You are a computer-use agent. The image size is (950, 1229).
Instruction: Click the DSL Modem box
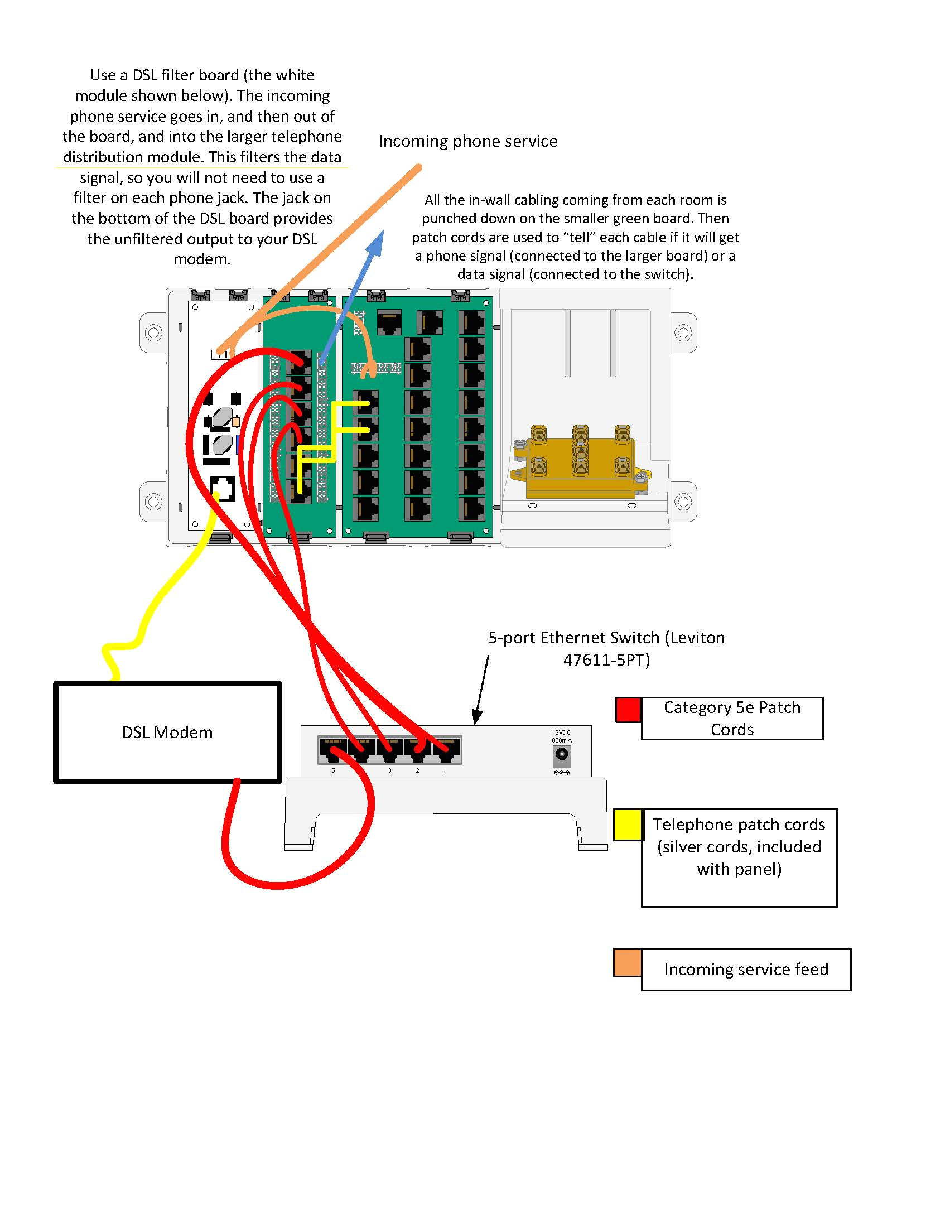pyautogui.click(x=167, y=732)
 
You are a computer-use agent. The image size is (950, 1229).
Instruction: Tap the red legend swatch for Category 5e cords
pyautogui.click(x=628, y=709)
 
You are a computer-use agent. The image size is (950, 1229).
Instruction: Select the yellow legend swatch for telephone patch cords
pyautogui.click(x=628, y=825)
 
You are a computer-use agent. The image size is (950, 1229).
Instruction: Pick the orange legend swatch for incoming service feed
pyautogui.click(x=627, y=962)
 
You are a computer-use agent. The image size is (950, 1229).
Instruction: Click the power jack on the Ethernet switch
pyautogui.click(x=561, y=755)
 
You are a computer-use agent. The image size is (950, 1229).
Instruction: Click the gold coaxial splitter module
pyautogui.click(x=580, y=461)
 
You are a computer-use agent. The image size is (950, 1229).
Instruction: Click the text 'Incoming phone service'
pyautogui.click(x=467, y=141)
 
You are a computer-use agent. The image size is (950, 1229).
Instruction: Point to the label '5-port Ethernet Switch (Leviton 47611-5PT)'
pyautogui.click(x=606, y=648)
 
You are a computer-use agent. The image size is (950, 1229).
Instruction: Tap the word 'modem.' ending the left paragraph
pyautogui.click(x=202, y=259)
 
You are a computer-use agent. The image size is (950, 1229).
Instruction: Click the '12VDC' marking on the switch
pyautogui.click(x=561, y=732)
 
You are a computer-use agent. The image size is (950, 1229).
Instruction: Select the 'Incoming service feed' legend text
pyautogui.click(x=746, y=969)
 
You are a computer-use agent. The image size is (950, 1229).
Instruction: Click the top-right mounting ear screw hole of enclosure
pyautogui.click(x=683, y=332)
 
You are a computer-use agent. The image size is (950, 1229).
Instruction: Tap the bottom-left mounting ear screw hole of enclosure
pyautogui.click(x=153, y=501)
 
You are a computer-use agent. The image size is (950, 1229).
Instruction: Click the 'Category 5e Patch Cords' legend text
pyautogui.click(x=732, y=718)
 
